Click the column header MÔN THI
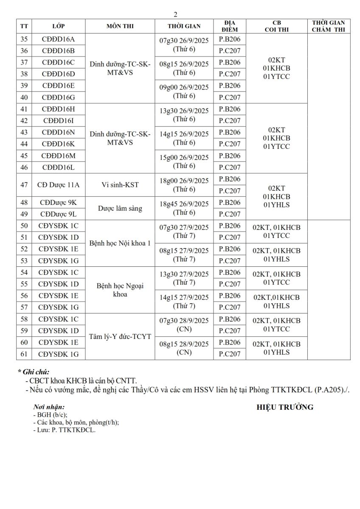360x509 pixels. [120, 26]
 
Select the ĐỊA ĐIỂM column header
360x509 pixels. [229, 26]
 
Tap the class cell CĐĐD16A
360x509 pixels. [58, 39]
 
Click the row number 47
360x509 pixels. [24, 185]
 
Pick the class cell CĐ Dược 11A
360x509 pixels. [58, 185]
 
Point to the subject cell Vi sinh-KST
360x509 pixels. [120, 185]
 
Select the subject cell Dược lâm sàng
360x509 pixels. [120, 208]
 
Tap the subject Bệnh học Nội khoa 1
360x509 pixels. [120, 243]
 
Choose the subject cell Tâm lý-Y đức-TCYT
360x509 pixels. [120, 337]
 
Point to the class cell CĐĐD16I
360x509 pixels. [58, 120]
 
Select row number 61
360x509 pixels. [24, 354]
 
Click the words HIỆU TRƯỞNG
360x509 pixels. [285, 408]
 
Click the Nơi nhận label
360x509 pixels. [49, 407]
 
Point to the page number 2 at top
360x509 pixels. [176, 15]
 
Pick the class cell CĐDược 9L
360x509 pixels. [58, 214]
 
